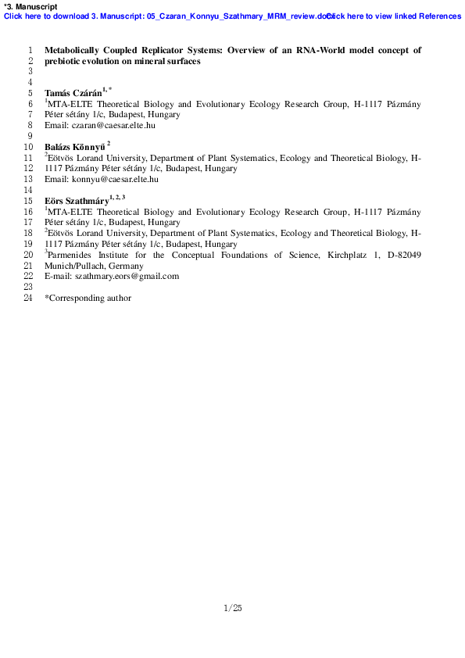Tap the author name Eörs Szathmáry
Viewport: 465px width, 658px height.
(77, 201)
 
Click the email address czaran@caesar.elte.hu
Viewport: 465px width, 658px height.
(113, 125)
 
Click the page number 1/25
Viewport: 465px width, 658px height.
(233, 608)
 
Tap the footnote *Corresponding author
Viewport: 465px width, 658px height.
(88, 298)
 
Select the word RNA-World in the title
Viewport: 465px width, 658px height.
(320, 50)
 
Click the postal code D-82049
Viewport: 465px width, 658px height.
(404, 255)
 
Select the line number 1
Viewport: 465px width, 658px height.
(30, 50)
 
